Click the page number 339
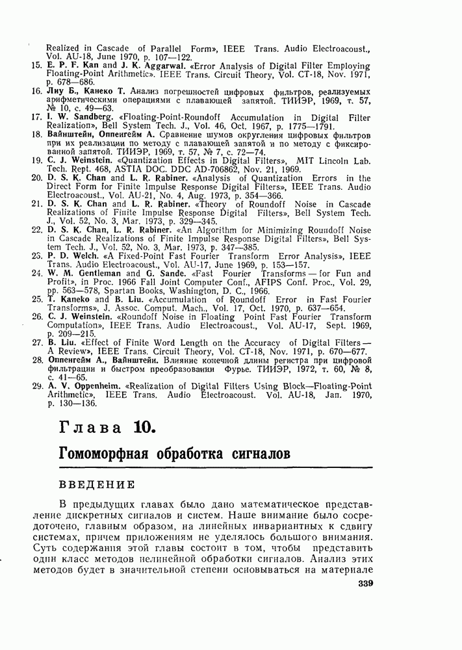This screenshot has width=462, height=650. click(x=368, y=602)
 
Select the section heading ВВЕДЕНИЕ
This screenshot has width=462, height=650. click(x=97, y=484)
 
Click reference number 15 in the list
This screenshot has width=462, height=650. click(x=36, y=65)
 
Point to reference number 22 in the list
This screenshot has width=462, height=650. click(x=36, y=229)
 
